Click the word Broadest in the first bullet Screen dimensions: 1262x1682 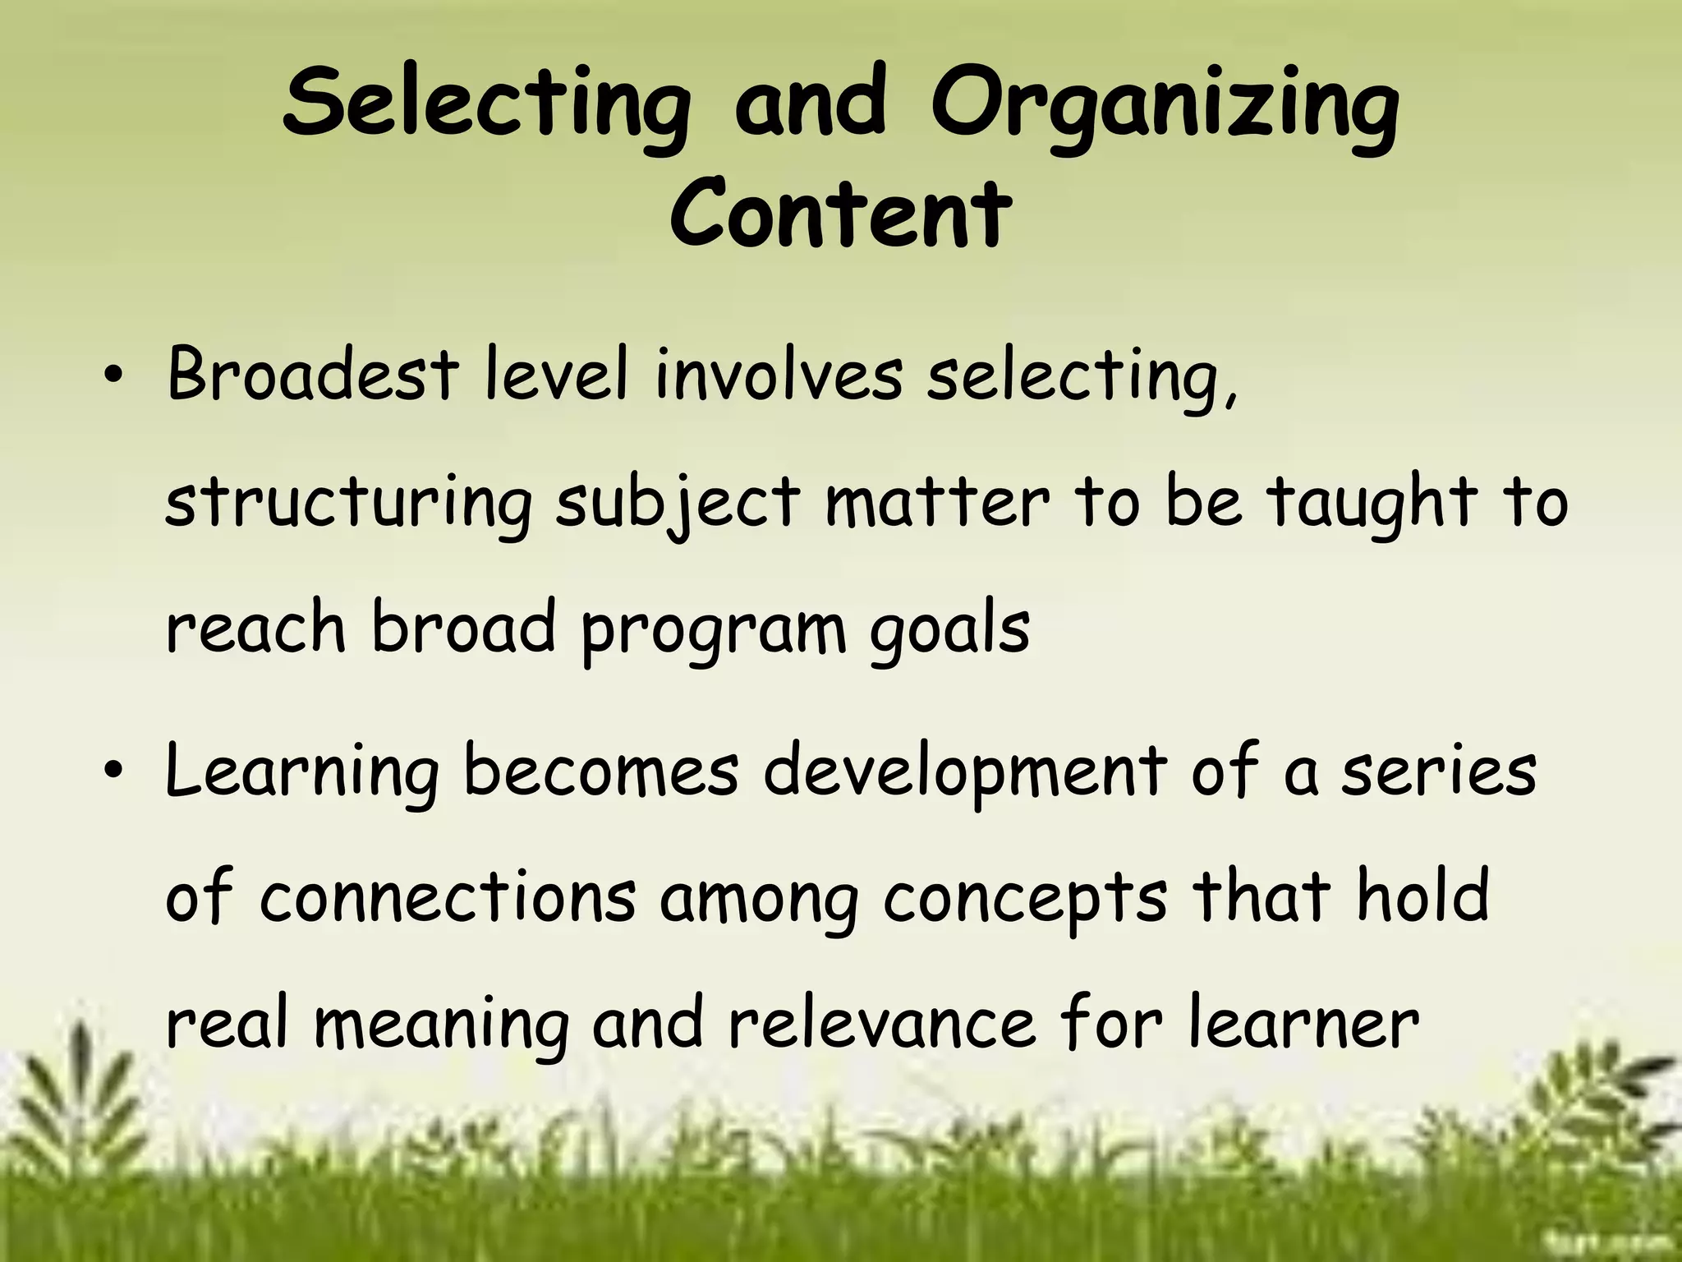(311, 375)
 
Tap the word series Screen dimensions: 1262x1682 (1438, 772)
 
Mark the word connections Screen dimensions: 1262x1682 (448, 897)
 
